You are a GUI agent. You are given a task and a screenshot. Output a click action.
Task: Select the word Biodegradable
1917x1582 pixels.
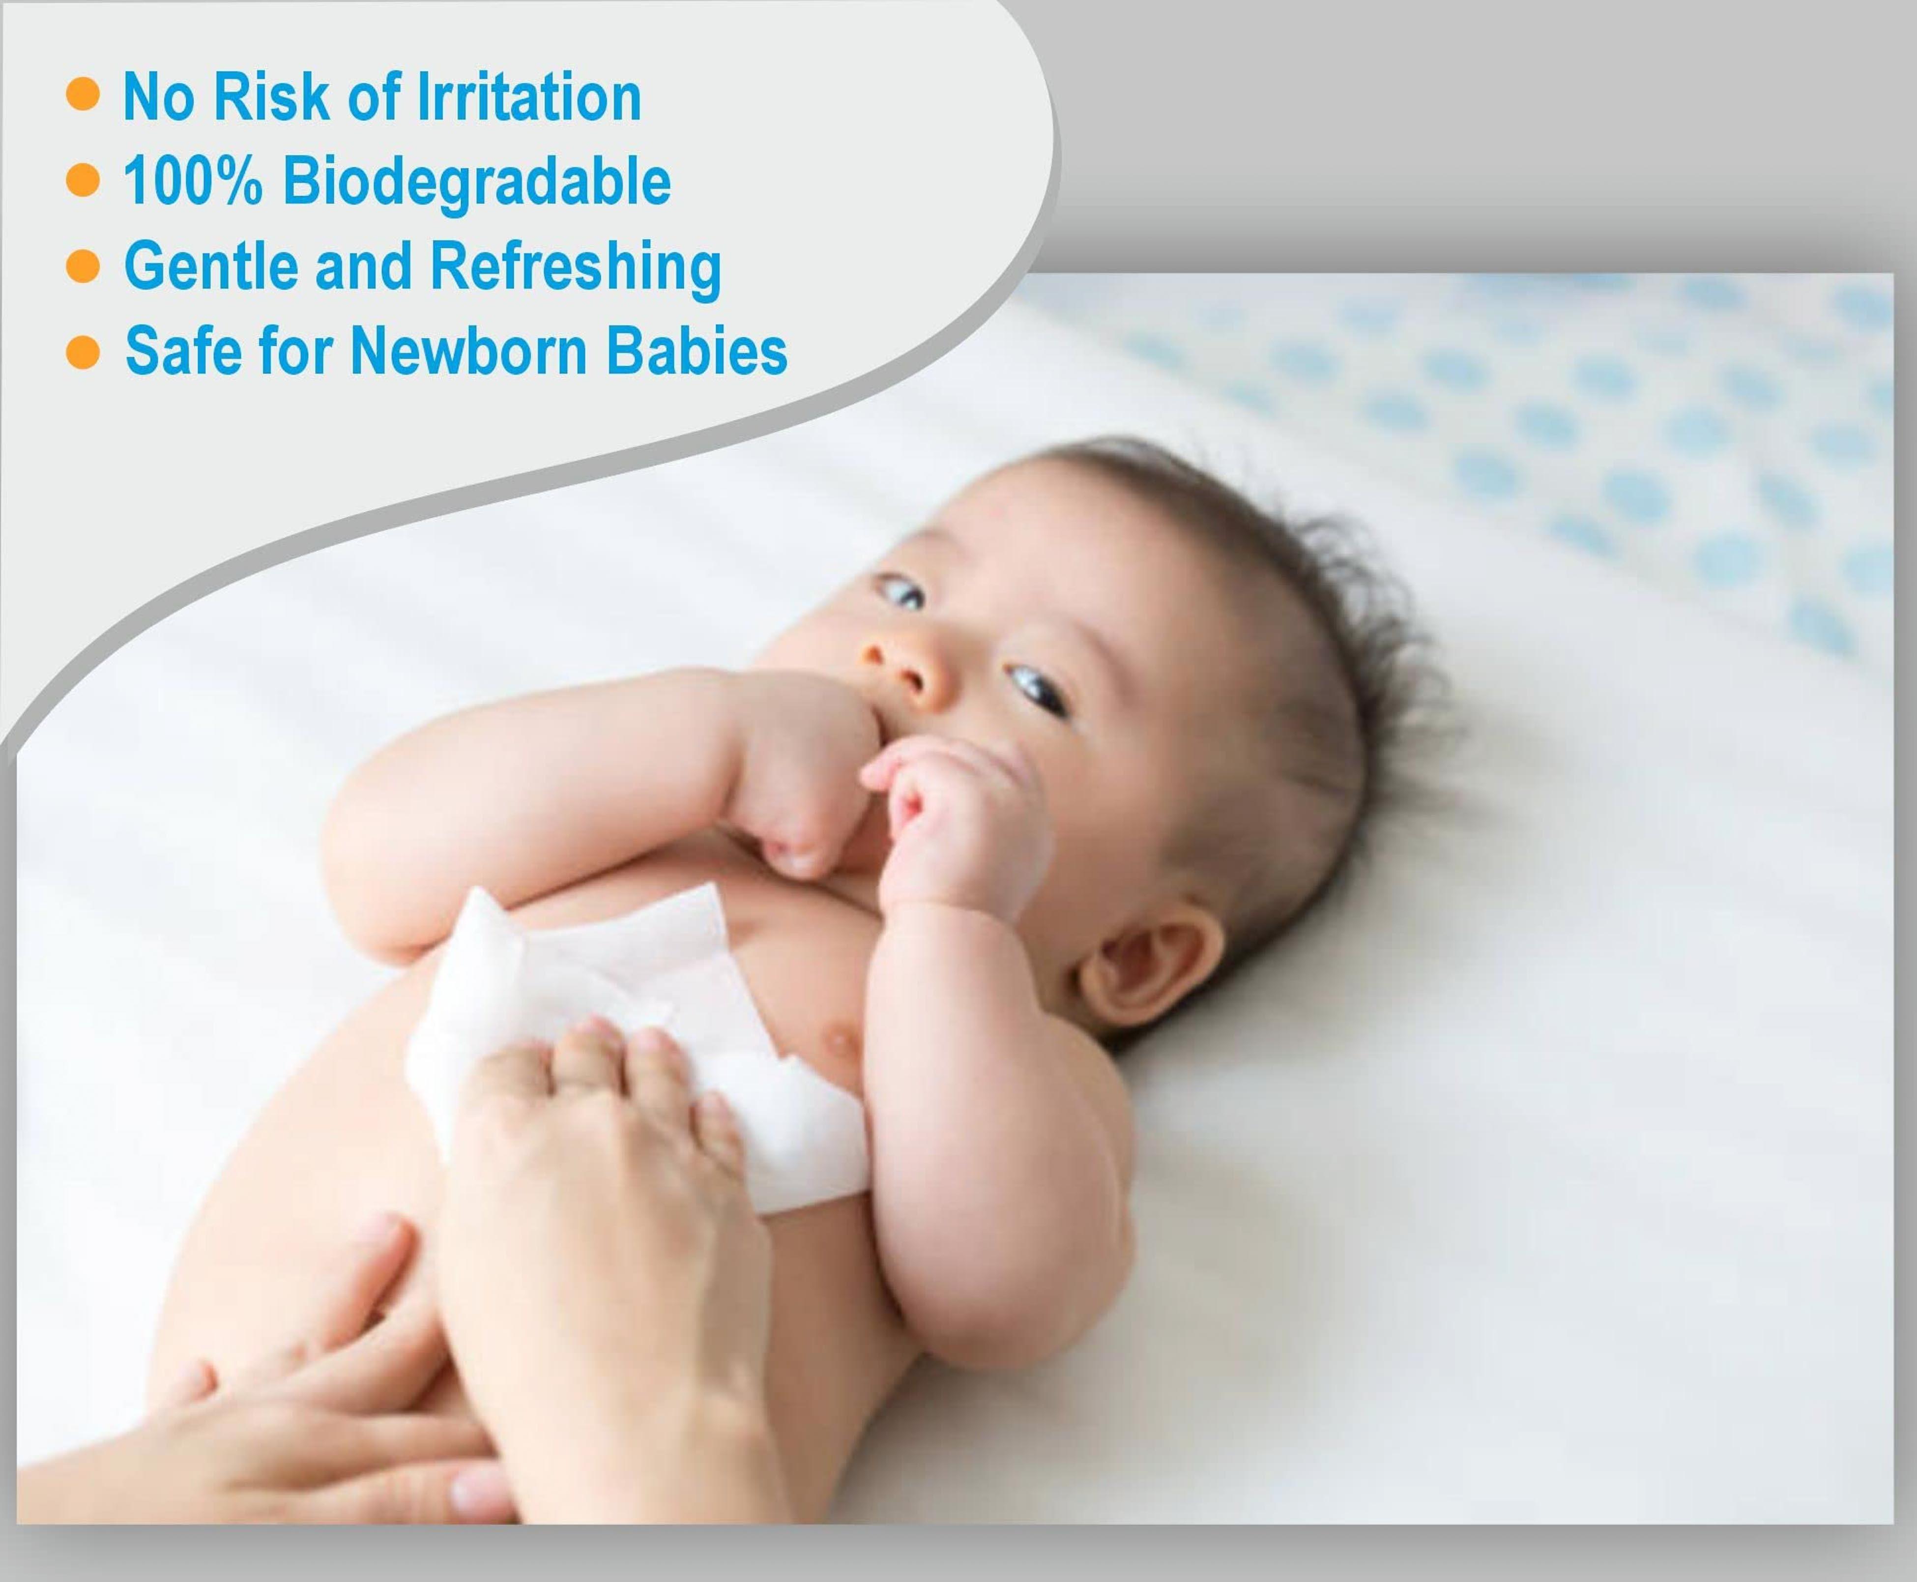click(476, 182)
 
